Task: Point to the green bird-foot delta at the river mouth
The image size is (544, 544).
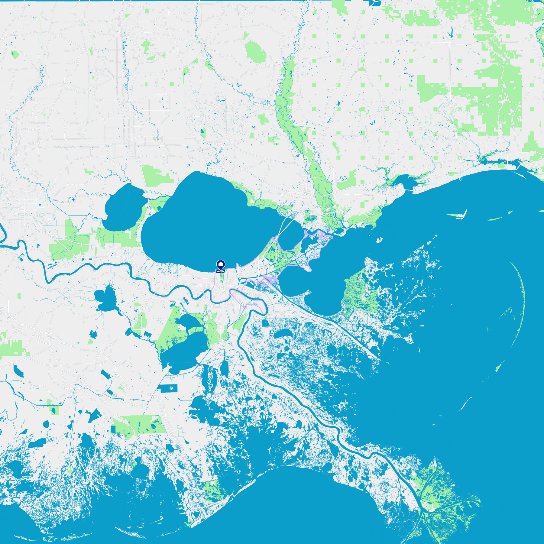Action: (x=435, y=496)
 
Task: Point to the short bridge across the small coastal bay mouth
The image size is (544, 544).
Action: (x=409, y=190)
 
